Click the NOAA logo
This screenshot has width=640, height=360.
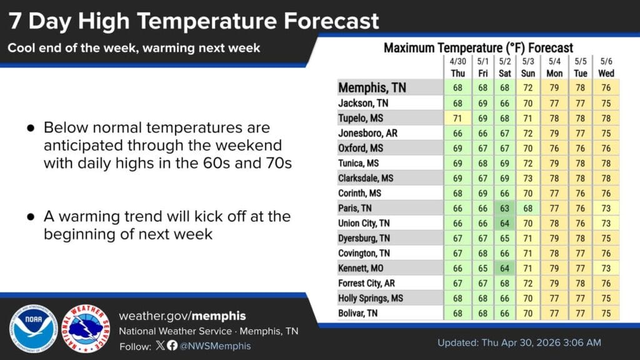coord(33,329)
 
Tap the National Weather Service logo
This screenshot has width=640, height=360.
coord(86,329)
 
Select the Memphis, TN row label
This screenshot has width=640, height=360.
coord(372,87)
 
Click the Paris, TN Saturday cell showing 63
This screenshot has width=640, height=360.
coord(504,208)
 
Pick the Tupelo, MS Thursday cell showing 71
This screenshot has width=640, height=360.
coord(457,118)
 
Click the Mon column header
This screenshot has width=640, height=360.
coord(554,74)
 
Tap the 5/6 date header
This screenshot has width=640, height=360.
coord(606,61)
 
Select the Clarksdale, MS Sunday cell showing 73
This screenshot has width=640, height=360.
coord(527,178)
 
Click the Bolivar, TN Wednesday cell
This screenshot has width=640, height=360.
coord(606,314)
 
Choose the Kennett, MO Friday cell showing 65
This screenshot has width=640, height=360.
coord(483,268)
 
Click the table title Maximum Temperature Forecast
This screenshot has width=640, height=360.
coord(478,48)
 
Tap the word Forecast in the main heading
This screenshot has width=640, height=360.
coord(331,21)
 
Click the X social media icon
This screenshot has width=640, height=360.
coord(161,345)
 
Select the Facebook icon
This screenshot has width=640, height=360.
coord(172,345)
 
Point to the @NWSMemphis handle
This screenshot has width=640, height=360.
coord(215,346)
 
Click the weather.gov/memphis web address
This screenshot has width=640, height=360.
coord(182,316)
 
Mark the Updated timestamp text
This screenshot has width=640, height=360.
coord(519,342)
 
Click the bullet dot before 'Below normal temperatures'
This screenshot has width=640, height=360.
coord(31,128)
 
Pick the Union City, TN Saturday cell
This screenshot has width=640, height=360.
coord(504,223)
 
